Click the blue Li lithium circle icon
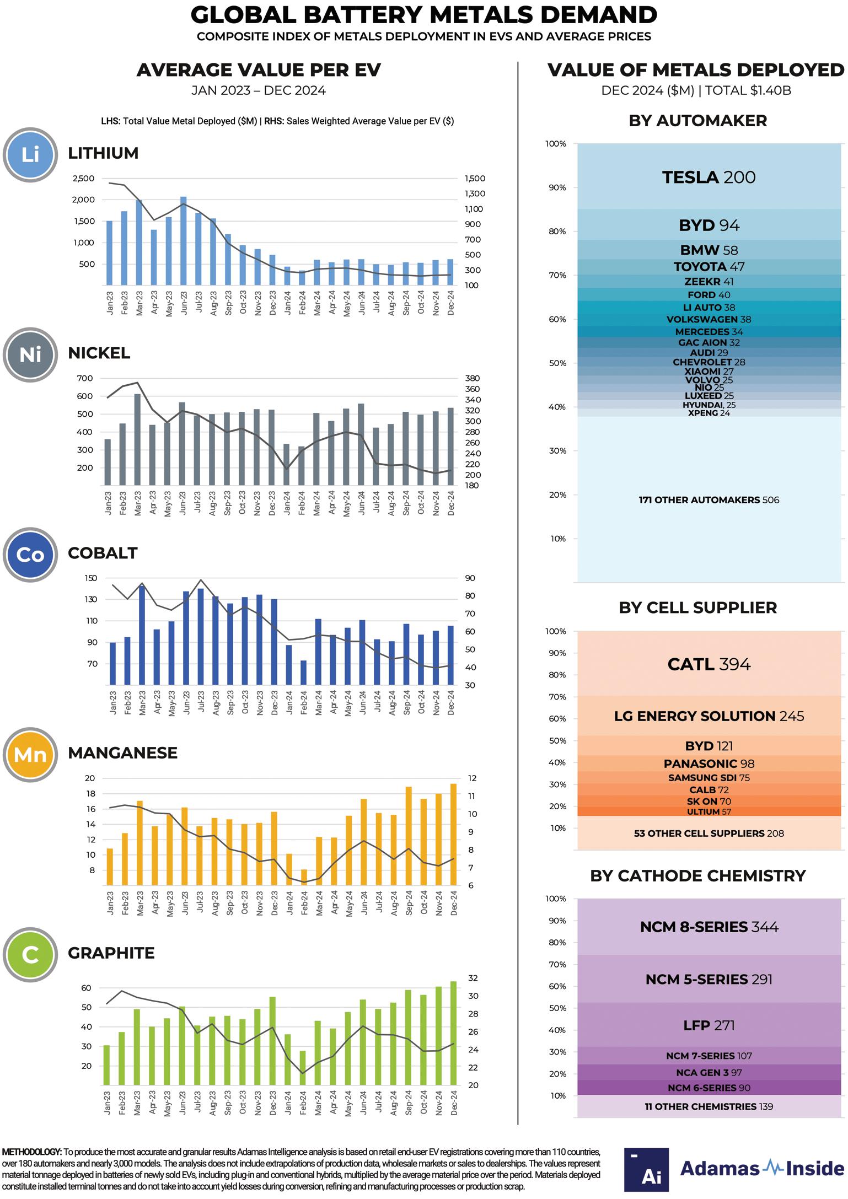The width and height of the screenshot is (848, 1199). coord(30,154)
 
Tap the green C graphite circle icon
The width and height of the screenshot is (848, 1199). coord(30,954)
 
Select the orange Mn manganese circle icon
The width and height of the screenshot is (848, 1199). coord(30,754)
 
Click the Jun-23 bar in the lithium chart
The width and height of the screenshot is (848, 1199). coord(183,241)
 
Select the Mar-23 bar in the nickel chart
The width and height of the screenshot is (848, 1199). coord(137,439)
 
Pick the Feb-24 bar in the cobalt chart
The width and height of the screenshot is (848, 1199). coord(303,673)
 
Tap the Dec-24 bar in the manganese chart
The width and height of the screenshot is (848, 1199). coord(454,834)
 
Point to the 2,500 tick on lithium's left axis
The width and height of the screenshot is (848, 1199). coord(83,179)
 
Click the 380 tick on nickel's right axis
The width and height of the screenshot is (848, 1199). coord(472,379)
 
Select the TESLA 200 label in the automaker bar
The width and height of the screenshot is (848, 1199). coord(709,178)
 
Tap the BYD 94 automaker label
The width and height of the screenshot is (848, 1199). coord(709,225)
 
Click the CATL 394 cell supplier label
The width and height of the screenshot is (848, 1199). coord(709,664)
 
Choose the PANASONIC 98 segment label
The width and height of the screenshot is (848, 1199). coord(709,764)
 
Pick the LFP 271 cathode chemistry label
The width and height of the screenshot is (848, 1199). coord(709,1025)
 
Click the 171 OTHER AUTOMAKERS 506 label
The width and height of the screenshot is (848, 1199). coord(709,500)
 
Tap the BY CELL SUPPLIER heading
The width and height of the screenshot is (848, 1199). coord(697,607)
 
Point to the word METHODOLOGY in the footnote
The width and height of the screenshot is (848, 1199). coord(31,1152)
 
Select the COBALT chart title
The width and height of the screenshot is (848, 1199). coord(103,553)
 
